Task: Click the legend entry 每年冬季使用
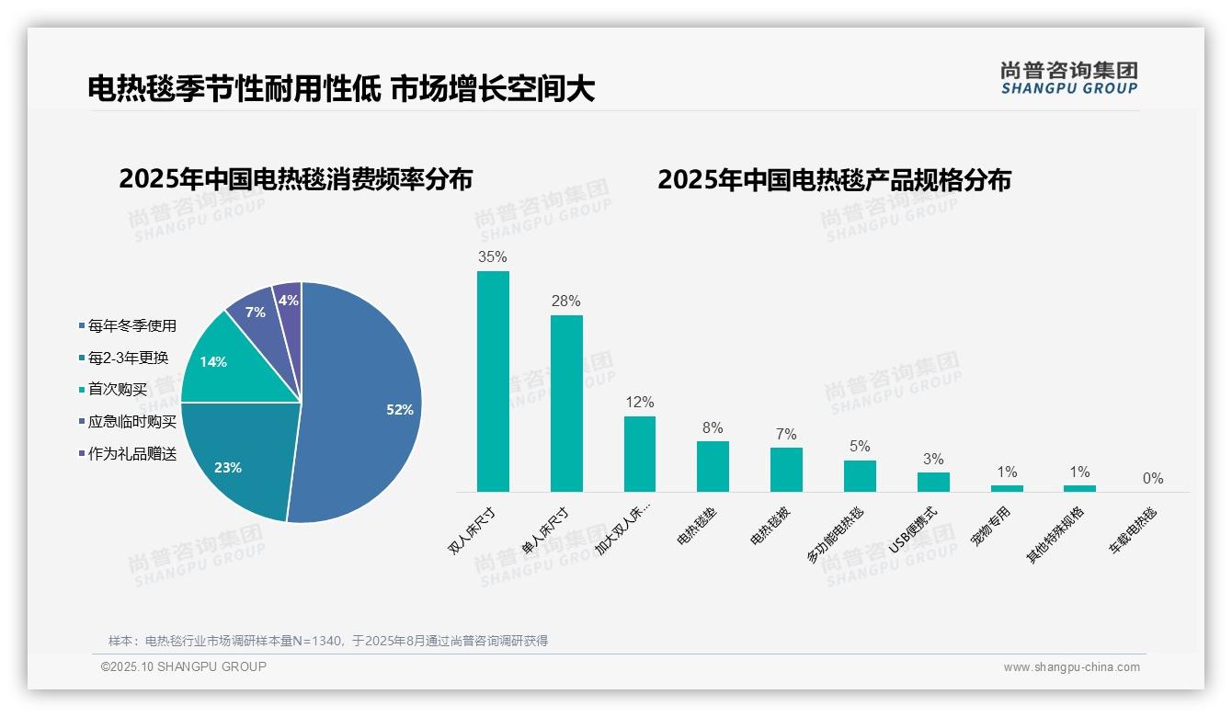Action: point(131,325)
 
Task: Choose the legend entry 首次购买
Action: point(117,390)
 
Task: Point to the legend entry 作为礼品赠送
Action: point(131,454)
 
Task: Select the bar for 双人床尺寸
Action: point(493,381)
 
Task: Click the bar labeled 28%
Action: point(566,404)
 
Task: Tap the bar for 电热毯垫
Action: point(713,466)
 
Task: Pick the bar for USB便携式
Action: point(933,482)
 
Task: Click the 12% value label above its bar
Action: point(640,403)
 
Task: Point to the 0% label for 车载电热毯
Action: point(1153,479)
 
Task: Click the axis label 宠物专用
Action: point(991,526)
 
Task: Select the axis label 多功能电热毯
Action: point(837,534)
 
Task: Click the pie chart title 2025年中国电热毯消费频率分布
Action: point(295,179)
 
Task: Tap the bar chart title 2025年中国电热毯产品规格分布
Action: point(834,180)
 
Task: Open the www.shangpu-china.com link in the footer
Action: point(1071,667)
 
